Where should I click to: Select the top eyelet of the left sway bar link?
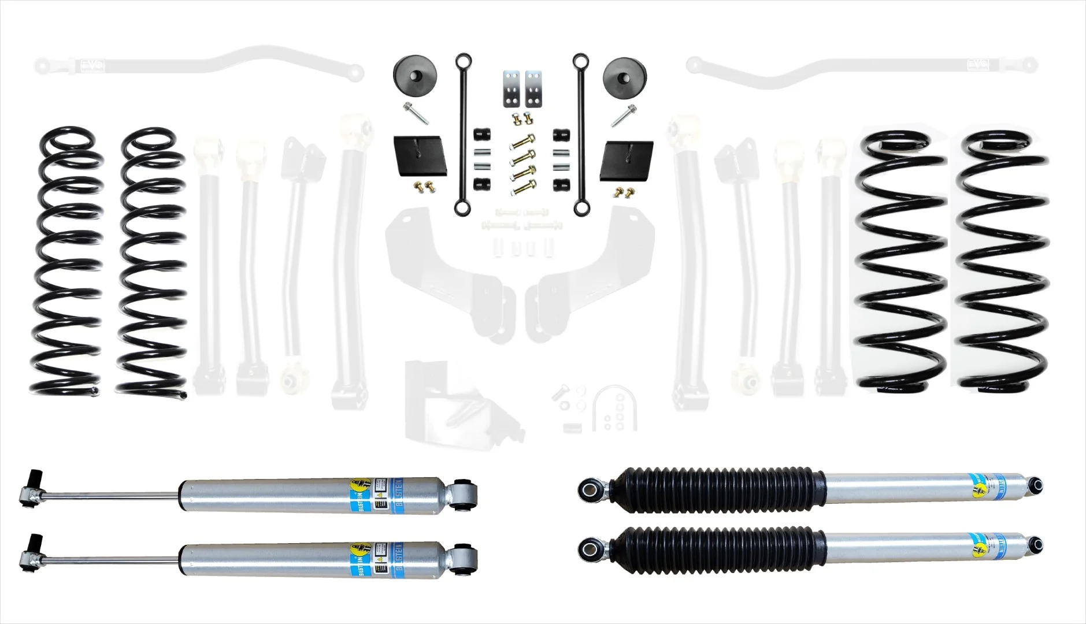tap(462, 60)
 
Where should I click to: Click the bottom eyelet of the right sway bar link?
tap(580, 207)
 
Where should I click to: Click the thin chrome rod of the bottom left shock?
tap(104, 560)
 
